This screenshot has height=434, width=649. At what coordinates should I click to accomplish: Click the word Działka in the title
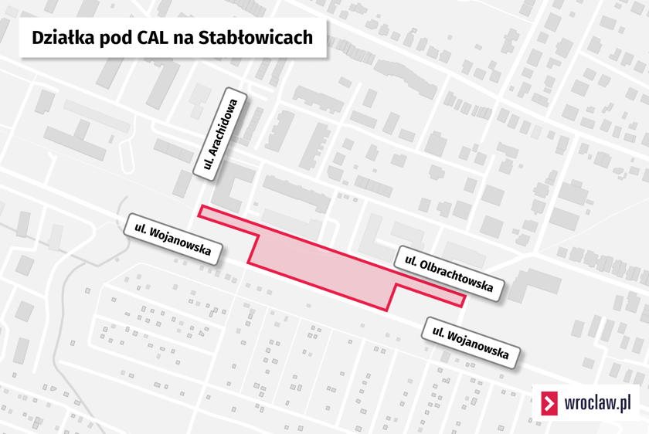point(63,38)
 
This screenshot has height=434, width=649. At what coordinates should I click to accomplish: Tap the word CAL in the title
point(152,38)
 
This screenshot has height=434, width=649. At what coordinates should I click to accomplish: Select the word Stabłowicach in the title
point(256,38)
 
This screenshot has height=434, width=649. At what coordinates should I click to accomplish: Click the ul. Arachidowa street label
point(219,134)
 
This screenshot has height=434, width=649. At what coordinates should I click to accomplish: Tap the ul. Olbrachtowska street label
point(449,273)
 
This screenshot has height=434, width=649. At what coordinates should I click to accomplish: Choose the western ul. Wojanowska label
point(172,239)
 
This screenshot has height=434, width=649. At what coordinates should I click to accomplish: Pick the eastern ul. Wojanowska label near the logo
point(471,343)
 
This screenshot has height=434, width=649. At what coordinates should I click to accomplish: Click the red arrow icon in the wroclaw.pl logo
point(549,403)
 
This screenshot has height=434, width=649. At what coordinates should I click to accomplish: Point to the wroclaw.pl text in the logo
point(598,402)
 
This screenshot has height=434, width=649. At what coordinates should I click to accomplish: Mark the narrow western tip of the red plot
point(200,211)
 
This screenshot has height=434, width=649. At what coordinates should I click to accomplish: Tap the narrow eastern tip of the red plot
point(463,300)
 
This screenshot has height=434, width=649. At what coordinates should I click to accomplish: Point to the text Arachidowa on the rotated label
point(224,127)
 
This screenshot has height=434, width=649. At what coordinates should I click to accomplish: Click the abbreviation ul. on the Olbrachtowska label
point(410,261)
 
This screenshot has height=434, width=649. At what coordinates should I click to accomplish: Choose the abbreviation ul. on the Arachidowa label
point(208,164)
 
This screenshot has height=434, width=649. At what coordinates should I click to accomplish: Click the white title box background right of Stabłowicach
point(320,38)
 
